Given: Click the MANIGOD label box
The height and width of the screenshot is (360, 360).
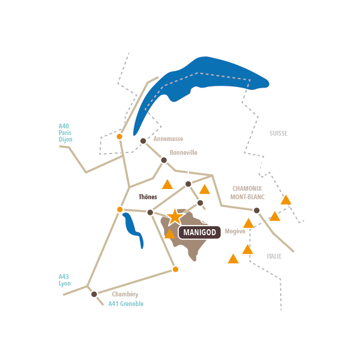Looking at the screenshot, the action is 199,232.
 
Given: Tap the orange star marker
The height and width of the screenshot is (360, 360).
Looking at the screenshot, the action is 175,217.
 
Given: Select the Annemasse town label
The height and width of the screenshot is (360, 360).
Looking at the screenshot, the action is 168,139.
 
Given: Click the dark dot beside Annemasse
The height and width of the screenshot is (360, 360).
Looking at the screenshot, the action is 143,141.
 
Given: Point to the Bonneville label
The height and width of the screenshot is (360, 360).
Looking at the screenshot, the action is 183,152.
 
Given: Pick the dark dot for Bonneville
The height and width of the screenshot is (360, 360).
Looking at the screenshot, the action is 164,160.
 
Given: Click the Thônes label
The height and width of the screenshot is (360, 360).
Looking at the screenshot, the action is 148,197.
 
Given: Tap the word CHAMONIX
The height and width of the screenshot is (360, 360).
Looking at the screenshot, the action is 247,188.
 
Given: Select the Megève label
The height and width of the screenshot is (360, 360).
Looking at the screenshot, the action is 235,231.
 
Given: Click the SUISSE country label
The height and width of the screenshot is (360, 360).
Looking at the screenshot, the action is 278,133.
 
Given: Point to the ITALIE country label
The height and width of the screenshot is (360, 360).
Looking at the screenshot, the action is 274,256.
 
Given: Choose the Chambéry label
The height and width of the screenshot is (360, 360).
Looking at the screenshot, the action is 125,295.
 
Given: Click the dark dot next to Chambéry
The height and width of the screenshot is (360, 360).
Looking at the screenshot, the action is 94,294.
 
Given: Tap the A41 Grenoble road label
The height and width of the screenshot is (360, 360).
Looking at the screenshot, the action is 126,304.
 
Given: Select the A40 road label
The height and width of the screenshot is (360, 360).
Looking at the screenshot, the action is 64,126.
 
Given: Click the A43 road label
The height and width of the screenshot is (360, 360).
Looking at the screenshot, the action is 64,277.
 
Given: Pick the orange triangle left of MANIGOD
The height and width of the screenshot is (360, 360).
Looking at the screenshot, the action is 170,234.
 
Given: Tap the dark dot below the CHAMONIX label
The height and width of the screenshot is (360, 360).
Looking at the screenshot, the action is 256,211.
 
